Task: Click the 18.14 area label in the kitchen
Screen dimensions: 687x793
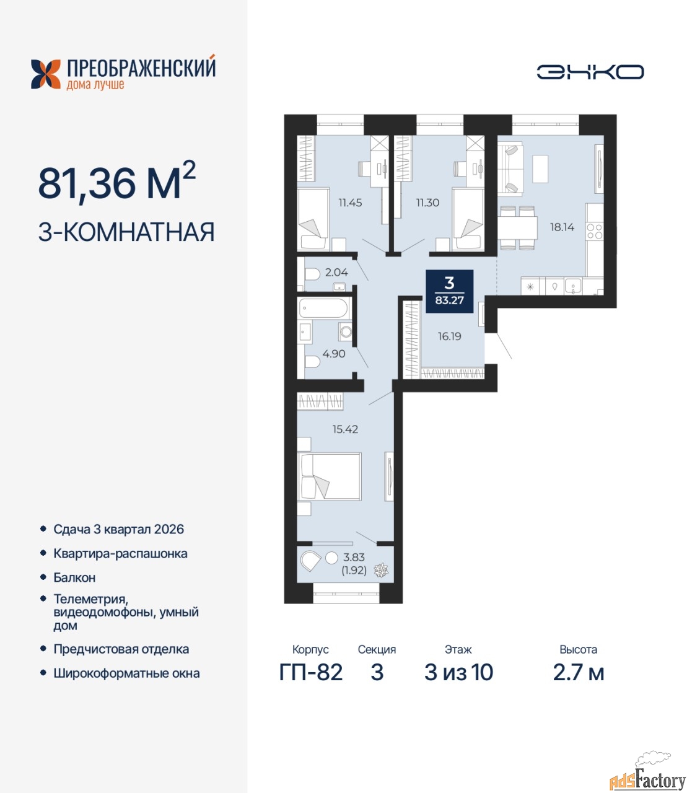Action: pyautogui.click(x=562, y=227)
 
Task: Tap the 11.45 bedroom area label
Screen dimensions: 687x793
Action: pyautogui.click(x=350, y=203)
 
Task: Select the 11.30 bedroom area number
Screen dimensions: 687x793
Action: pyautogui.click(x=427, y=203)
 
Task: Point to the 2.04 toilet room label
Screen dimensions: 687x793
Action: pyautogui.click(x=336, y=273)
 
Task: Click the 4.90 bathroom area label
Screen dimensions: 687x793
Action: pyautogui.click(x=334, y=354)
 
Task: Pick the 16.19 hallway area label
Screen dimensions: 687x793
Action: pyautogui.click(x=449, y=336)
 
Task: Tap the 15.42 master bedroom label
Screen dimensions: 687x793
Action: pyautogui.click(x=345, y=429)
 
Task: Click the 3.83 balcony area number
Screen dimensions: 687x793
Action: pyautogui.click(x=354, y=557)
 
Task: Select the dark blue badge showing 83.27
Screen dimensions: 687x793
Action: pyautogui.click(x=450, y=291)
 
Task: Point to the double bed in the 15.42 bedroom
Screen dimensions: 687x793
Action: pyautogui.click(x=330, y=476)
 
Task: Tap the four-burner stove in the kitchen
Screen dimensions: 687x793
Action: pyautogui.click(x=595, y=231)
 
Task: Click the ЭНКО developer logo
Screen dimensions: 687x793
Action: pyautogui.click(x=590, y=72)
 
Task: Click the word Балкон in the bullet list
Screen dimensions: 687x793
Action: pyautogui.click(x=74, y=578)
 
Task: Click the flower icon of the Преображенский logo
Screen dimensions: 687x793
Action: pyautogui.click(x=46, y=74)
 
